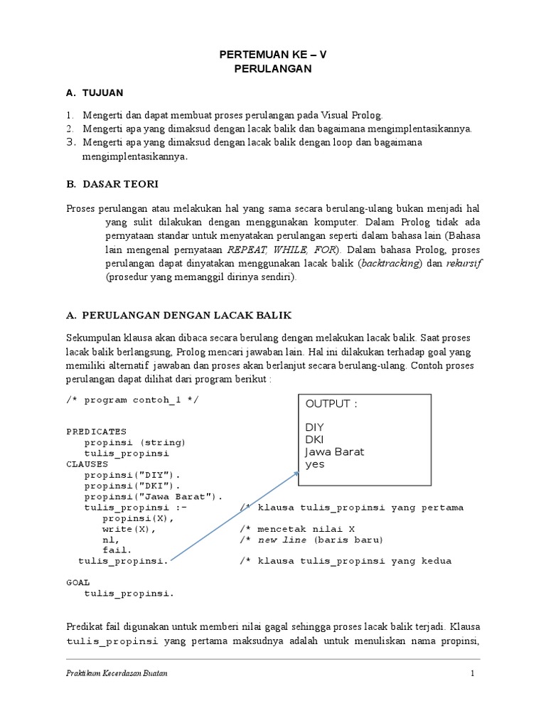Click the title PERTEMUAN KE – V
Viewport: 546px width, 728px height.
click(273, 55)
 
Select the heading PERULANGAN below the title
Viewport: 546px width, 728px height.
click(273, 69)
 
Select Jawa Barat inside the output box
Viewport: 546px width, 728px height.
click(334, 452)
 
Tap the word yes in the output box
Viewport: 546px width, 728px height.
click(314, 464)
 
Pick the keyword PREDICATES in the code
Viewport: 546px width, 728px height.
click(96, 431)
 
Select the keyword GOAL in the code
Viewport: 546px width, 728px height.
click(78, 582)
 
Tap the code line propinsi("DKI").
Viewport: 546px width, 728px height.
click(128, 485)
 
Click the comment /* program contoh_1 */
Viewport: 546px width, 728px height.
click(133, 400)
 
